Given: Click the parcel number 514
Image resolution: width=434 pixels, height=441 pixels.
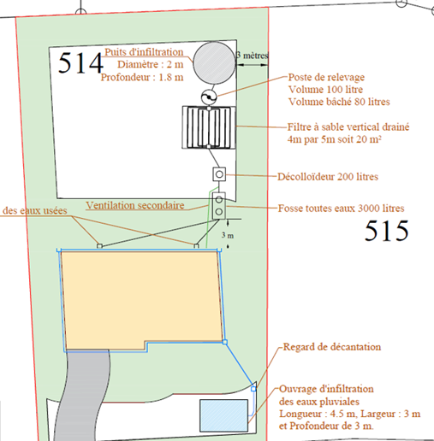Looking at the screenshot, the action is (x=80, y=62).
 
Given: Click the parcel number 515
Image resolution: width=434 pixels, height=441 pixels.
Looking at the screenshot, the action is (x=387, y=231).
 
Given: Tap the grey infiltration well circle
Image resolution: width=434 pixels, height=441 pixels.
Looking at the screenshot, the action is (x=214, y=63).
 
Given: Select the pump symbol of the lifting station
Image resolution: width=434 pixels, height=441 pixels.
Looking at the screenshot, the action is (x=209, y=97).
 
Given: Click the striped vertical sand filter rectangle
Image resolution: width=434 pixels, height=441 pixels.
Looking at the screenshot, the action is (x=209, y=127).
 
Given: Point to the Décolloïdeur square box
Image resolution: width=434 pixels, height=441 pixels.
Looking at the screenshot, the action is (x=219, y=174).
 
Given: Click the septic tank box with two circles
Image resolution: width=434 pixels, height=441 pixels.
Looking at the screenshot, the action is (x=219, y=206).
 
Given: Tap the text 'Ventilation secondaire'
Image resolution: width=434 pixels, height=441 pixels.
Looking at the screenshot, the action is (x=135, y=205).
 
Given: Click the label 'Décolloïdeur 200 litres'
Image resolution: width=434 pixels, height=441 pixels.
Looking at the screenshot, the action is (x=328, y=177).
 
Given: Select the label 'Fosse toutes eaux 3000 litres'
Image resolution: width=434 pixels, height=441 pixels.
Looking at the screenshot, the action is (x=341, y=209).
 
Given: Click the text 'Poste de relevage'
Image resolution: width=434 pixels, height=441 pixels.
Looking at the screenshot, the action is (x=326, y=77).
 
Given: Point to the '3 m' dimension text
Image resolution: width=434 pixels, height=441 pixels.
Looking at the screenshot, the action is (x=228, y=235).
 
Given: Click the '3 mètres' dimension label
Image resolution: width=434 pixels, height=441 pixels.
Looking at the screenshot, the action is (x=253, y=56).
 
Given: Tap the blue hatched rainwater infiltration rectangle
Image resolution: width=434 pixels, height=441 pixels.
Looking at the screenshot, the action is (x=223, y=415).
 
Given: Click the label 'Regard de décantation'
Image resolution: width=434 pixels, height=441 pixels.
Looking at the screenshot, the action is (x=332, y=347).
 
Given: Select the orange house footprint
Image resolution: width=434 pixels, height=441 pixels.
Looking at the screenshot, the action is (x=142, y=299).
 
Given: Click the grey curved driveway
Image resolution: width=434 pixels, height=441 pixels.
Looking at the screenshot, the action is (x=83, y=396).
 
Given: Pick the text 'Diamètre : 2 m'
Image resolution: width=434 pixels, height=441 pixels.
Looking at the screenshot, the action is (x=151, y=65).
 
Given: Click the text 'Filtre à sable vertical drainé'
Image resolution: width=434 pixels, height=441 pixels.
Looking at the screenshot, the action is (x=348, y=127).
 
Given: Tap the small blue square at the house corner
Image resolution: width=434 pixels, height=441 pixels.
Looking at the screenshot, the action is (x=225, y=342).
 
